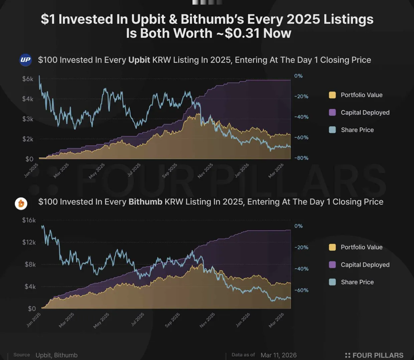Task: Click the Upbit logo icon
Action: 25,60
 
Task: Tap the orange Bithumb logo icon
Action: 21,203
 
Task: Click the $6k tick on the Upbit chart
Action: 28,79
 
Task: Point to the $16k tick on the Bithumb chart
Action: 29,220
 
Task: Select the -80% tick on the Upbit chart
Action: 301,158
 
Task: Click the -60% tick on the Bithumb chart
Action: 301,290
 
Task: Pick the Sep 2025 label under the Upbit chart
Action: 170,170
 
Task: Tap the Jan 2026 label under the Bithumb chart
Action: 243,320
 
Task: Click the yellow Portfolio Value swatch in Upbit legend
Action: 332,95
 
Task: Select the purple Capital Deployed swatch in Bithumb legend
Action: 332,265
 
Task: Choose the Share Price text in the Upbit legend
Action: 357,130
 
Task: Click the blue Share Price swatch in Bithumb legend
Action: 332,282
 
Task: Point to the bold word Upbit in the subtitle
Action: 139,60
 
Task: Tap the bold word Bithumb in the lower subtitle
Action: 145,202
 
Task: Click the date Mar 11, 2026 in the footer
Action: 278,355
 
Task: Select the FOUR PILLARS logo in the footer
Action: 374,355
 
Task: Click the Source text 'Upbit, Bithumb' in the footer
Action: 56,355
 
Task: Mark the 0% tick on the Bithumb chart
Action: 298,226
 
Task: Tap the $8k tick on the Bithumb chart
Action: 30,264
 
